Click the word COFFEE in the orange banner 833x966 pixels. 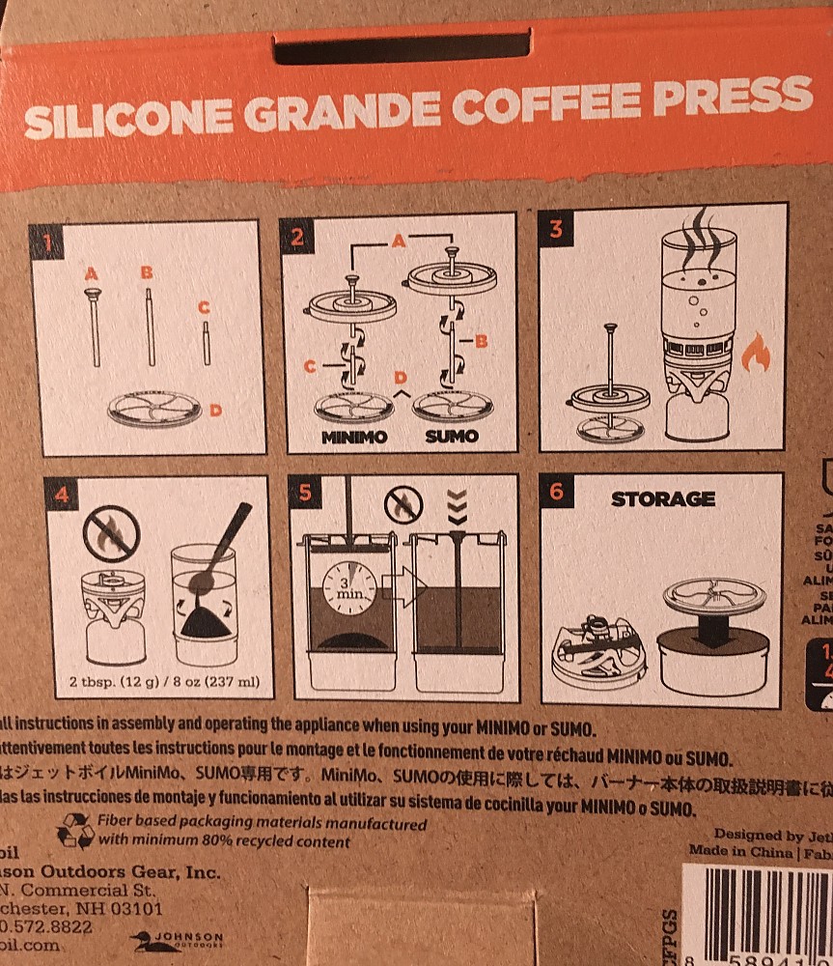pos(512,109)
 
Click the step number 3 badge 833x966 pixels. pos(557,229)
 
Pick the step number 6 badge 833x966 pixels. pos(557,491)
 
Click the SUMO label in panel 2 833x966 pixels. pos(452,436)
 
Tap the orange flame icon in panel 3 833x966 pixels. pos(755,355)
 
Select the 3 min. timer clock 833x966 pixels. pos(347,586)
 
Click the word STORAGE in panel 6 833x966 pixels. pos(662,499)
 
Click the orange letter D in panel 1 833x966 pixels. pos(215,411)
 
